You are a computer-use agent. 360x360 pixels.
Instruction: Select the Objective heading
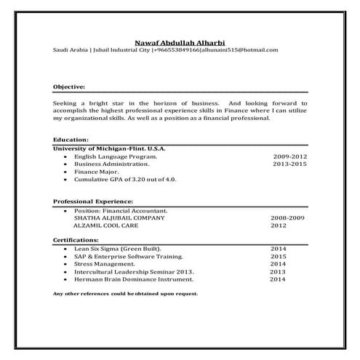point(69,87)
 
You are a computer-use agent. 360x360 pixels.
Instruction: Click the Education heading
point(71,139)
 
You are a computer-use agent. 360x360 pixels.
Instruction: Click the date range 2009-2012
point(289,156)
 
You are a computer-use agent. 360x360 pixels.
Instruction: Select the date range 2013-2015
point(289,164)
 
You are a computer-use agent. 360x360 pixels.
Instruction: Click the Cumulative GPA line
point(125,179)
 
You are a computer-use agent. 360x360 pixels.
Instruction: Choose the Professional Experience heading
point(93,200)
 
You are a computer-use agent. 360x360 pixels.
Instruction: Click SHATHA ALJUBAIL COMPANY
point(119,217)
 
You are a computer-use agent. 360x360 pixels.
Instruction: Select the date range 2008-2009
point(287,217)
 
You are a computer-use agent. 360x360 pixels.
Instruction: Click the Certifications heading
point(76,239)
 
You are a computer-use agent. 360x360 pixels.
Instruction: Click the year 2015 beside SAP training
point(279,257)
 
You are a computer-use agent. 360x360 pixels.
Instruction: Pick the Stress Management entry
point(104,264)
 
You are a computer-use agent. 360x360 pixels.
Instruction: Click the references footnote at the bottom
point(125,293)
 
